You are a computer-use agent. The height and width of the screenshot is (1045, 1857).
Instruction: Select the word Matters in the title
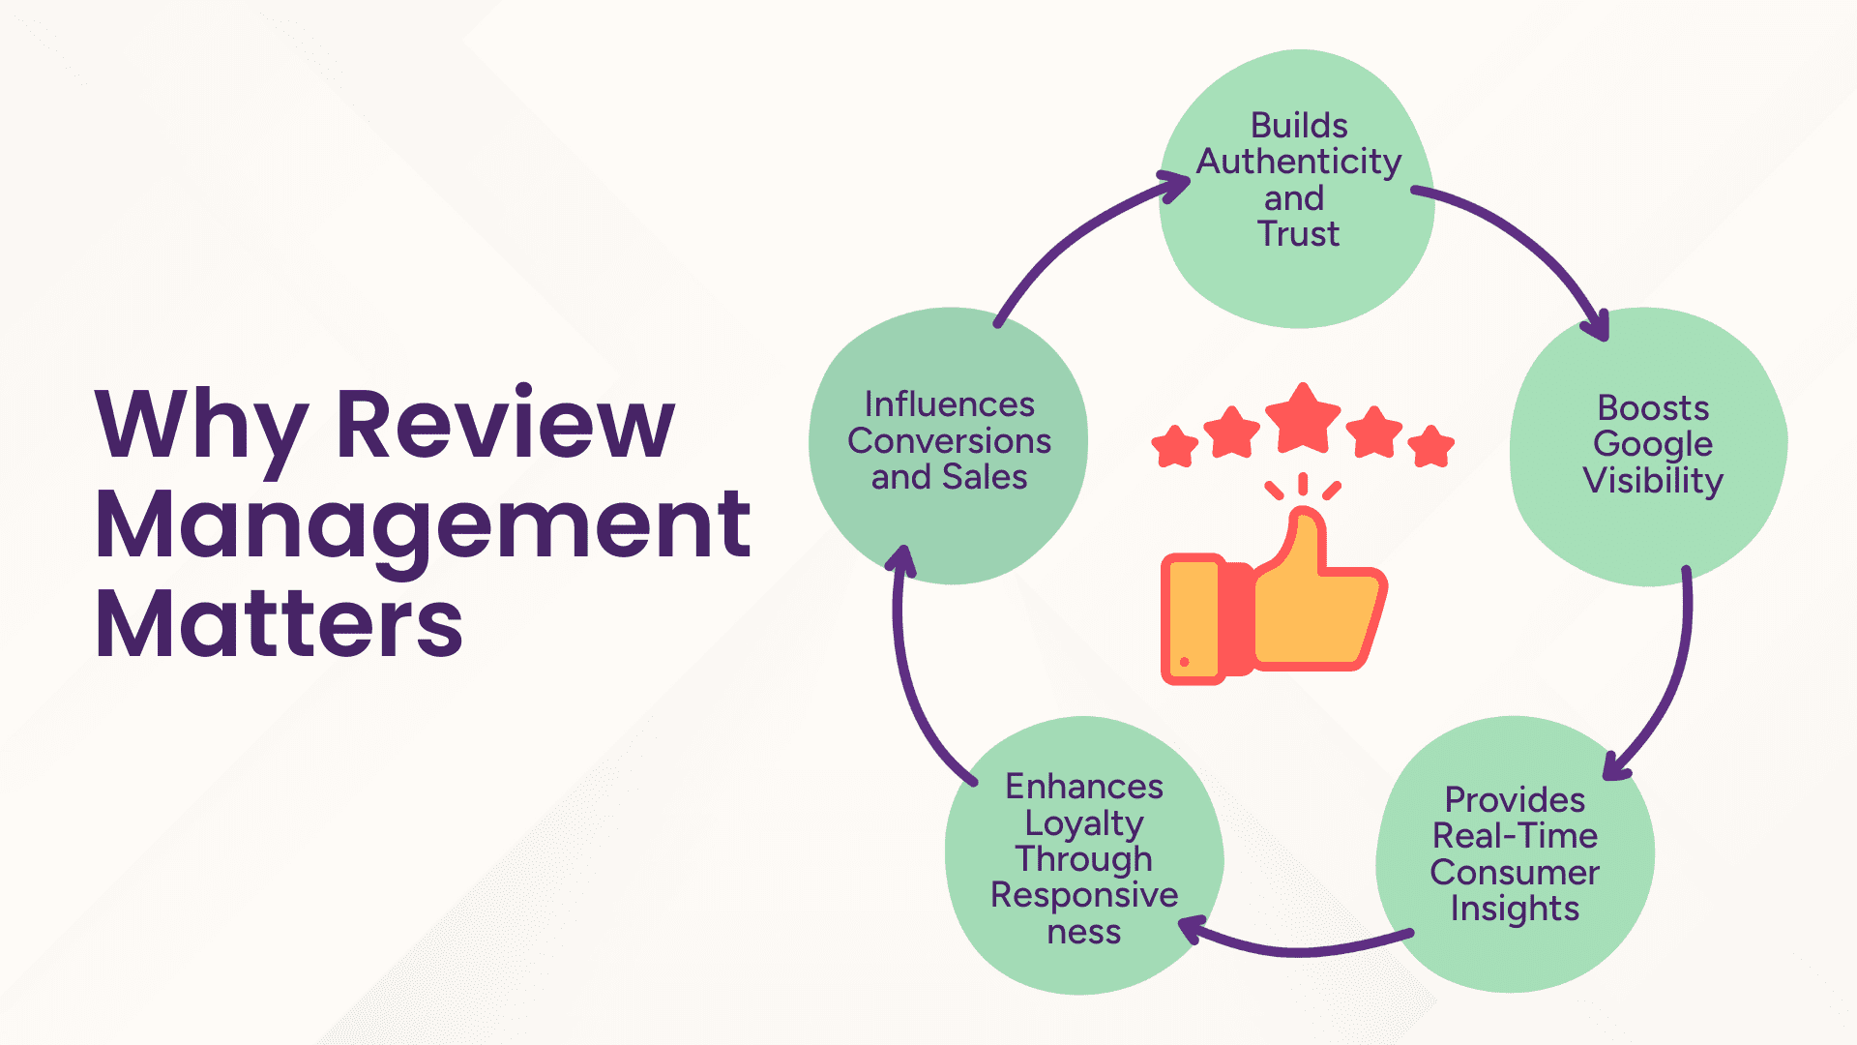(279, 624)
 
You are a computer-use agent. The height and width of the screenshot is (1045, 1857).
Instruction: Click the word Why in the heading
(201, 426)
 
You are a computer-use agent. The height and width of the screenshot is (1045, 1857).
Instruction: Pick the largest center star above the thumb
(1303, 419)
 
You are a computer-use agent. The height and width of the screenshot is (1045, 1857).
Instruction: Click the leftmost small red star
(1175, 446)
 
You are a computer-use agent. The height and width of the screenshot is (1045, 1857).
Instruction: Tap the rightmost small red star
(1430, 446)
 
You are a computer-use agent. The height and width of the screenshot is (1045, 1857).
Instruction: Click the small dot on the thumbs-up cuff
(1185, 662)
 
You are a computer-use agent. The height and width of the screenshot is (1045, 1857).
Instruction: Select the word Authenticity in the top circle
(1299, 162)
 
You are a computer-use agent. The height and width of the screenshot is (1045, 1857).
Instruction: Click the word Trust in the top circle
(1298, 234)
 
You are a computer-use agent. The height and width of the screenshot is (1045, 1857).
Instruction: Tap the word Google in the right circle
(1653, 444)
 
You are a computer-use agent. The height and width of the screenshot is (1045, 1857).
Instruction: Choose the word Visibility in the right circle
(1653, 481)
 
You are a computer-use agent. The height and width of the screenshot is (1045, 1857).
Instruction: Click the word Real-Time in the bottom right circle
(1515, 836)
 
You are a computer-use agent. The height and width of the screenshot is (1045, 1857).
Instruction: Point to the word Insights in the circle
(1515, 909)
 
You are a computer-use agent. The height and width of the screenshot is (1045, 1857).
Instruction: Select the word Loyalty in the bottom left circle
(1084, 823)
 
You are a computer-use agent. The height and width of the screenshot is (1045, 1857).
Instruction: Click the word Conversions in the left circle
(949, 441)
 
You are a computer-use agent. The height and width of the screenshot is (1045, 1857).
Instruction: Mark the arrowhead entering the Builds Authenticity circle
(1176, 185)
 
